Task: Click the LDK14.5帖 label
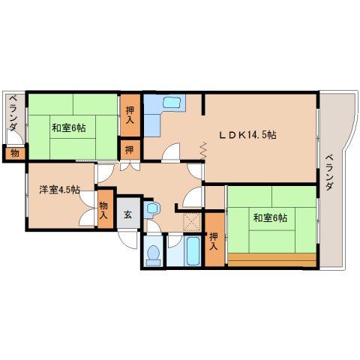click(x=248, y=135)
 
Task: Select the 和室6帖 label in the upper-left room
click(x=68, y=127)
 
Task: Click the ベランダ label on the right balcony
click(x=329, y=171)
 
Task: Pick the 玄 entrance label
click(x=127, y=215)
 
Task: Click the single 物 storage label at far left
click(x=13, y=153)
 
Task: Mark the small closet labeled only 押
click(x=130, y=148)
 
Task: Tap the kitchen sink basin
click(x=171, y=103)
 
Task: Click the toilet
click(x=154, y=253)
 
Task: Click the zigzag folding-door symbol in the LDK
click(x=203, y=151)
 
